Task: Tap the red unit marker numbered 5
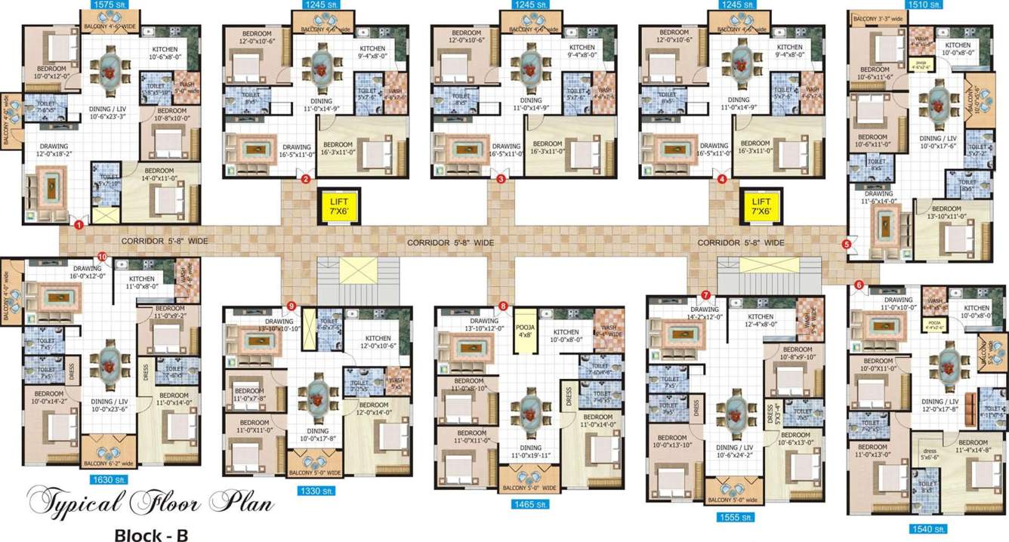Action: pyautogui.click(x=846, y=244)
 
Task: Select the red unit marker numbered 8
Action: pyautogui.click(x=503, y=306)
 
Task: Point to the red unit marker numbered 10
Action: pyautogui.click(x=102, y=257)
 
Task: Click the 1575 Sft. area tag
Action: pyautogui.click(x=110, y=5)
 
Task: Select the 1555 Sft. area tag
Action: pyautogui.click(x=734, y=518)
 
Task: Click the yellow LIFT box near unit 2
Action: pyautogui.click(x=336, y=206)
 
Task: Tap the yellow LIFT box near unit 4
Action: pyautogui.click(x=761, y=206)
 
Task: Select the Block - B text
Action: pyautogui.click(x=150, y=534)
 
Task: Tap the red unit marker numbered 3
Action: pyautogui.click(x=500, y=179)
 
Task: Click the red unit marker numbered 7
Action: pyautogui.click(x=705, y=294)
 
